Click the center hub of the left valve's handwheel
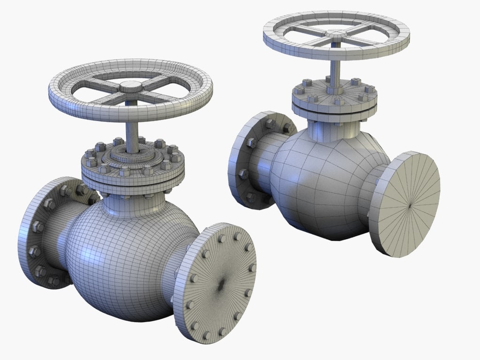point(131,87)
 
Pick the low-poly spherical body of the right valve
point(323,183)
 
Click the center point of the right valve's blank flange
point(409,204)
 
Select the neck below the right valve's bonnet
point(334,127)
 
